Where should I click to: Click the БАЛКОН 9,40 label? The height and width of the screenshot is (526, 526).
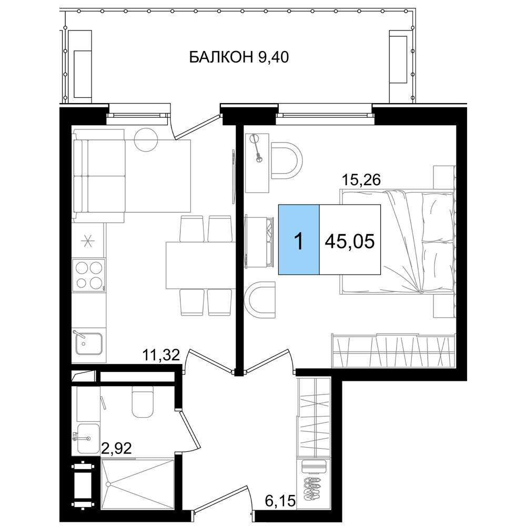point(239,57)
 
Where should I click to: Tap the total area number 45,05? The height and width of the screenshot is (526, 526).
point(350,241)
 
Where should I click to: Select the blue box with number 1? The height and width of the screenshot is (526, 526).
point(299,239)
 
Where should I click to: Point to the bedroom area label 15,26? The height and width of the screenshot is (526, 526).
point(361,180)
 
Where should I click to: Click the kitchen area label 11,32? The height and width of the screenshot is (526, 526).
point(161,355)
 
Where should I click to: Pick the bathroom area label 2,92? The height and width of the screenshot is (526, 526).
point(116,448)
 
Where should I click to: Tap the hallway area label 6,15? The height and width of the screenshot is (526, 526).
point(280,501)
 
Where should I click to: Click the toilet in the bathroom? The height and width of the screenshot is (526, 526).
point(143,401)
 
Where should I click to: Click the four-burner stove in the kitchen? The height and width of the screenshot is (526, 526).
point(89,275)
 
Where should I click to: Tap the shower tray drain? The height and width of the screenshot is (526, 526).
point(108,484)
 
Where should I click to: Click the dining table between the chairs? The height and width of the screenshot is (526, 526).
point(200,265)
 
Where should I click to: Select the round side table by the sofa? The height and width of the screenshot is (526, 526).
point(146,139)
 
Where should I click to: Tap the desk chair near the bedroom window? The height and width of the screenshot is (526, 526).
point(287,160)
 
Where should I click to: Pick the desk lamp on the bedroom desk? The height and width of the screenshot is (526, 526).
point(257,148)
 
